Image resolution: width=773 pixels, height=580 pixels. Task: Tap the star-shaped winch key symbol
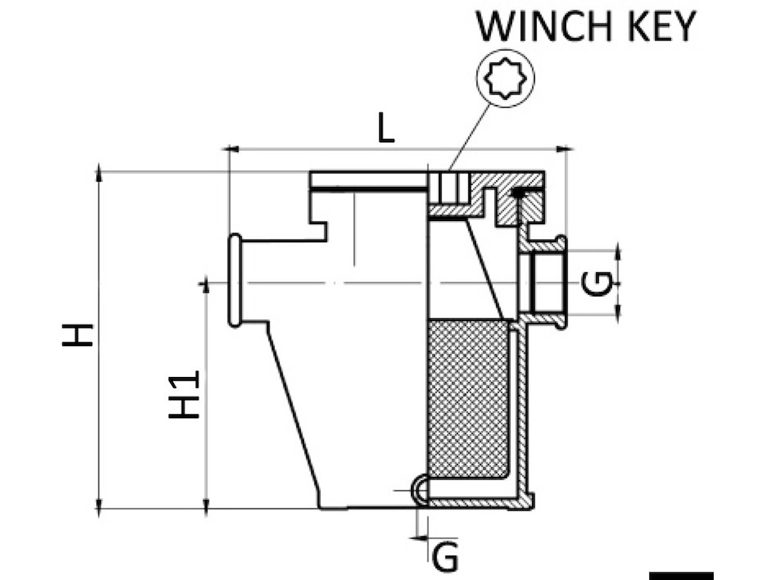505,79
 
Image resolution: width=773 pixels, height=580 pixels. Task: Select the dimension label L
385,130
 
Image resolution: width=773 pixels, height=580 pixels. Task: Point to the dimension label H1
186,394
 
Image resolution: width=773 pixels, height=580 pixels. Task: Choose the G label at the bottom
445,557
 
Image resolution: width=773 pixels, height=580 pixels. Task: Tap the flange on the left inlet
234,281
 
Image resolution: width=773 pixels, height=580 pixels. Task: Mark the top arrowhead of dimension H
99,173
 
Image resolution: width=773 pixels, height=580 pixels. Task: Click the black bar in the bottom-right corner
681,575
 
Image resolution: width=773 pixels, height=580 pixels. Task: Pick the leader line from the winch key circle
470,135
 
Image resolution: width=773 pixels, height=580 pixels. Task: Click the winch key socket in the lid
449,189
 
